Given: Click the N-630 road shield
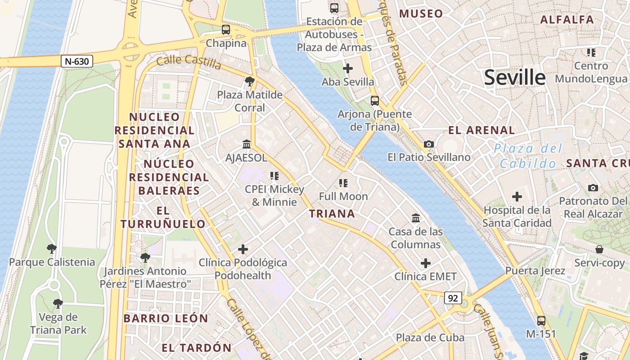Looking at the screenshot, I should [x=77, y=61].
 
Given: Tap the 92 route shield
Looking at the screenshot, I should [x=453, y=297].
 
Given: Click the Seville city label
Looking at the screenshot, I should [x=515, y=78].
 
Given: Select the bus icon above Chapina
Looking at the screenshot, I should [x=226, y=30].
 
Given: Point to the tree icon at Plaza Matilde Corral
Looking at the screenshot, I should [x=249, y=81].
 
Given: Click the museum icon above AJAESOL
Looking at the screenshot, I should [x=247, y=144].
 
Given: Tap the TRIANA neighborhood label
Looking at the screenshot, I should [x=333, y=214].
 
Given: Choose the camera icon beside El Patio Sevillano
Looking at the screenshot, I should [x=428, y=144].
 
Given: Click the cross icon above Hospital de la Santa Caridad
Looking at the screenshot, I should [x=517, y=197].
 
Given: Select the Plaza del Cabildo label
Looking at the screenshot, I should [x=528, y=156].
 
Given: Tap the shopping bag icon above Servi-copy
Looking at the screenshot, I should [x=599, y=249].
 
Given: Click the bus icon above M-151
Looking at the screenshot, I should [x=541, y=321].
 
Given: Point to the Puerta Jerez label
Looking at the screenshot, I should [x=535, y=271].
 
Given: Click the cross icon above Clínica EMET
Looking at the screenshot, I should [x=425, y=263].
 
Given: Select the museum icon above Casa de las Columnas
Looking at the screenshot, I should [x=416, y=218].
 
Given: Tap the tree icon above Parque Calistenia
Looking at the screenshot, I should [x=52, y=248].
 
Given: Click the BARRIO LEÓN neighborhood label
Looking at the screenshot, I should [x=166, y=319].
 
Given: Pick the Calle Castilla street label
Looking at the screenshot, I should [x=189, y=63].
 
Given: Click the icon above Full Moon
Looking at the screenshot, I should [x=343, y=183].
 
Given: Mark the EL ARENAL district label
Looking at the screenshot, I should [x=481, y=130].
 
